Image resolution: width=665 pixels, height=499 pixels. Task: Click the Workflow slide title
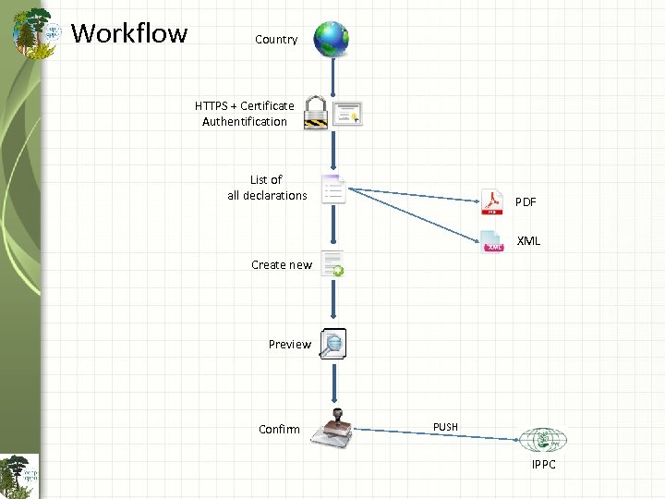tap(129, 33)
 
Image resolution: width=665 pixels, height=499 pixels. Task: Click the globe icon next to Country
tap(332, 39)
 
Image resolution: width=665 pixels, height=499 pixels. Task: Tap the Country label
tap(276, 40)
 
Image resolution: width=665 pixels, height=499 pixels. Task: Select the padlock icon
tap(316, 112)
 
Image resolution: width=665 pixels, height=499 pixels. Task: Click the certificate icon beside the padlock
tap(348, 113)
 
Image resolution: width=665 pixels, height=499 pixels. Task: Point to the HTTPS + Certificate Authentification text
tap(245, 114)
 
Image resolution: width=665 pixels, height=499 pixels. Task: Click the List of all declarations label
tap(267, 188)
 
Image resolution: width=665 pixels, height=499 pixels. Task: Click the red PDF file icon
tap(491, 201)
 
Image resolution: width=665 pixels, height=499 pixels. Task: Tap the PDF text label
tap(526, 201)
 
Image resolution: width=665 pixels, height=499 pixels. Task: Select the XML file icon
tap(492, 240)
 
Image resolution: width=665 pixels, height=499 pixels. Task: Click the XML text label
tap(528, 241)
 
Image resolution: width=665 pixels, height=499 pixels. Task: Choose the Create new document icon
tap(332, 263)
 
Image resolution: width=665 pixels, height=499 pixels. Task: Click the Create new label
tap(282, 265)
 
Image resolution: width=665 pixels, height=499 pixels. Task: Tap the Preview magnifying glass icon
tap(333, 344)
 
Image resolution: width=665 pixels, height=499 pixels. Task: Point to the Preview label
tap(290, 345)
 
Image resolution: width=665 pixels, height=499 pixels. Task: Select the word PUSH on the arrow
tap(445, 427)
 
